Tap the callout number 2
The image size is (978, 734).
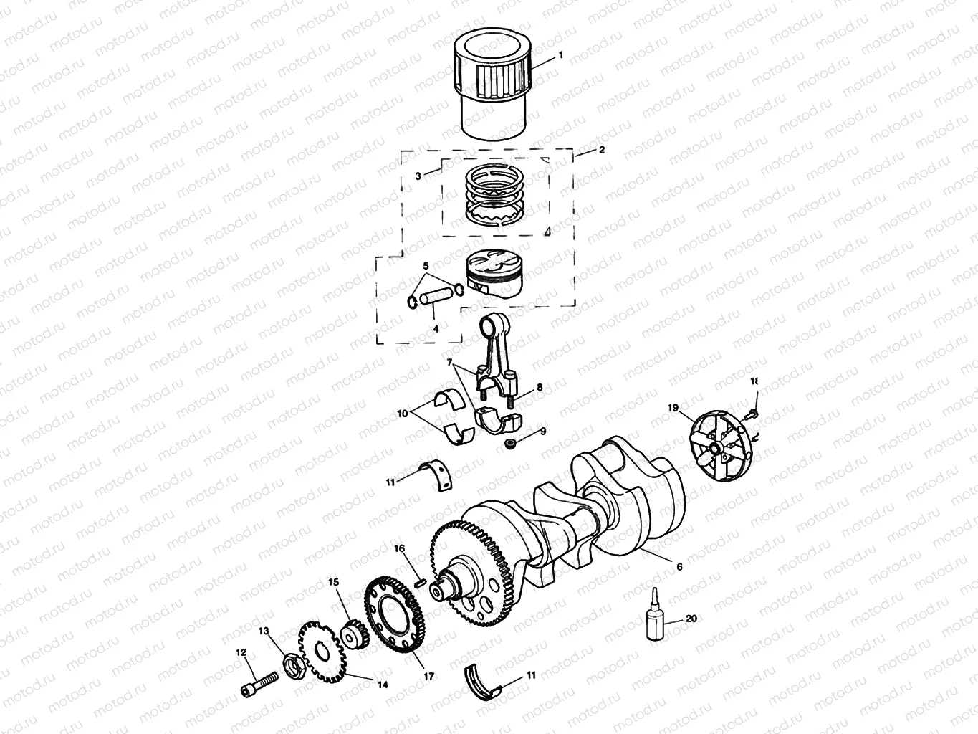(601, 150)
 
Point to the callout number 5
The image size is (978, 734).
(426, 266)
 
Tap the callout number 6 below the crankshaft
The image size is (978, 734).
(679, 566)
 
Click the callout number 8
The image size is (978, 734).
(539, 387)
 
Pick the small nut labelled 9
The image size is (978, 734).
(402, 414)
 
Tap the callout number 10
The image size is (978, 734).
(435, 476)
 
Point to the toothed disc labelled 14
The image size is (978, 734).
(353, 634)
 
